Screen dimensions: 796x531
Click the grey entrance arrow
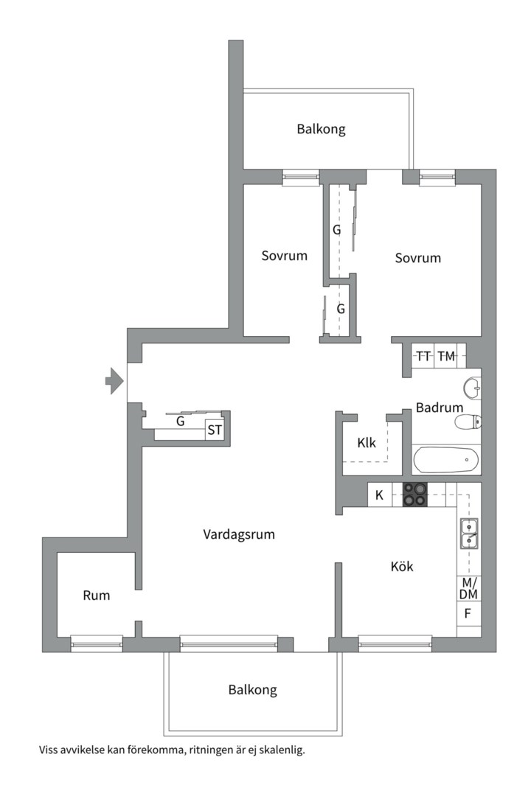114,380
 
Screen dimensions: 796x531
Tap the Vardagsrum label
239,534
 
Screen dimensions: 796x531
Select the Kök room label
402,567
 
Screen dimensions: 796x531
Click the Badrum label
440,408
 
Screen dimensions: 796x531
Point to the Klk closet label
367,444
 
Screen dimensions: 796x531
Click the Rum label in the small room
96,596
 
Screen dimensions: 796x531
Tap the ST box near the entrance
215,430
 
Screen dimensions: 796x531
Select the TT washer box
423,357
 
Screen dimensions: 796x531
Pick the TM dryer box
446,357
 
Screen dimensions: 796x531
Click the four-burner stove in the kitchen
414,494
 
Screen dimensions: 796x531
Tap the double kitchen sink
468,534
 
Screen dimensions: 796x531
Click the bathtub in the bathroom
445,461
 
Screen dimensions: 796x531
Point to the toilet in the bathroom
468,422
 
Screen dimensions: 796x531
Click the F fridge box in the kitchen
468,613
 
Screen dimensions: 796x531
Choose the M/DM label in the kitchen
468,588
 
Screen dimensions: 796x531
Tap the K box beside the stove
379,495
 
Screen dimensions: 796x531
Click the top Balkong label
321,130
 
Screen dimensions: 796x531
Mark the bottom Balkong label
252,691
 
